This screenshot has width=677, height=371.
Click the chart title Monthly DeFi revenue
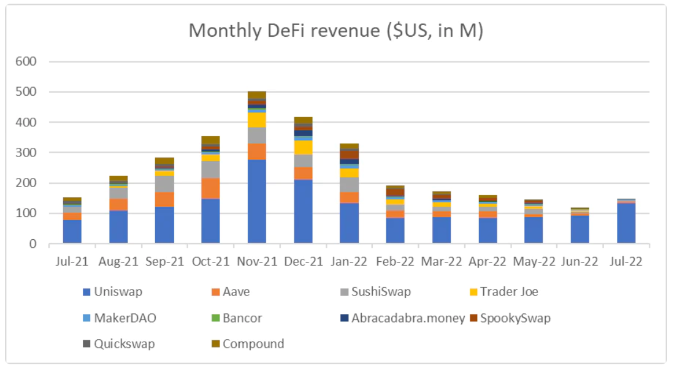(x=335, y=31)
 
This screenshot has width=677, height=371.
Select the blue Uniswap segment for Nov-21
(x=257, y=201)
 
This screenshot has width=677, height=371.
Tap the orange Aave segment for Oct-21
(x=210, y=188)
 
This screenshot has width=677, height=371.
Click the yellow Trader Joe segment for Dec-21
(x=303, y=147)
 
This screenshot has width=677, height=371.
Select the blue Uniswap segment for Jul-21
(x=72, y=231)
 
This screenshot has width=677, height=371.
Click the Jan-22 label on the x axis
(x=350, y=261)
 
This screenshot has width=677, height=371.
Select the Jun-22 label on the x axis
(x=580, y=261)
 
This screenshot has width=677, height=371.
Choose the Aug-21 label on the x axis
(x=118, y=261)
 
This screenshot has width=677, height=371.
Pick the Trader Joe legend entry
(x=509, y=291)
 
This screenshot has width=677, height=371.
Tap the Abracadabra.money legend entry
(x=408, y=318)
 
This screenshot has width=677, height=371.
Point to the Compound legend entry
(x=253, y=343)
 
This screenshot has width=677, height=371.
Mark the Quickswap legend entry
(x=124, y=343)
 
